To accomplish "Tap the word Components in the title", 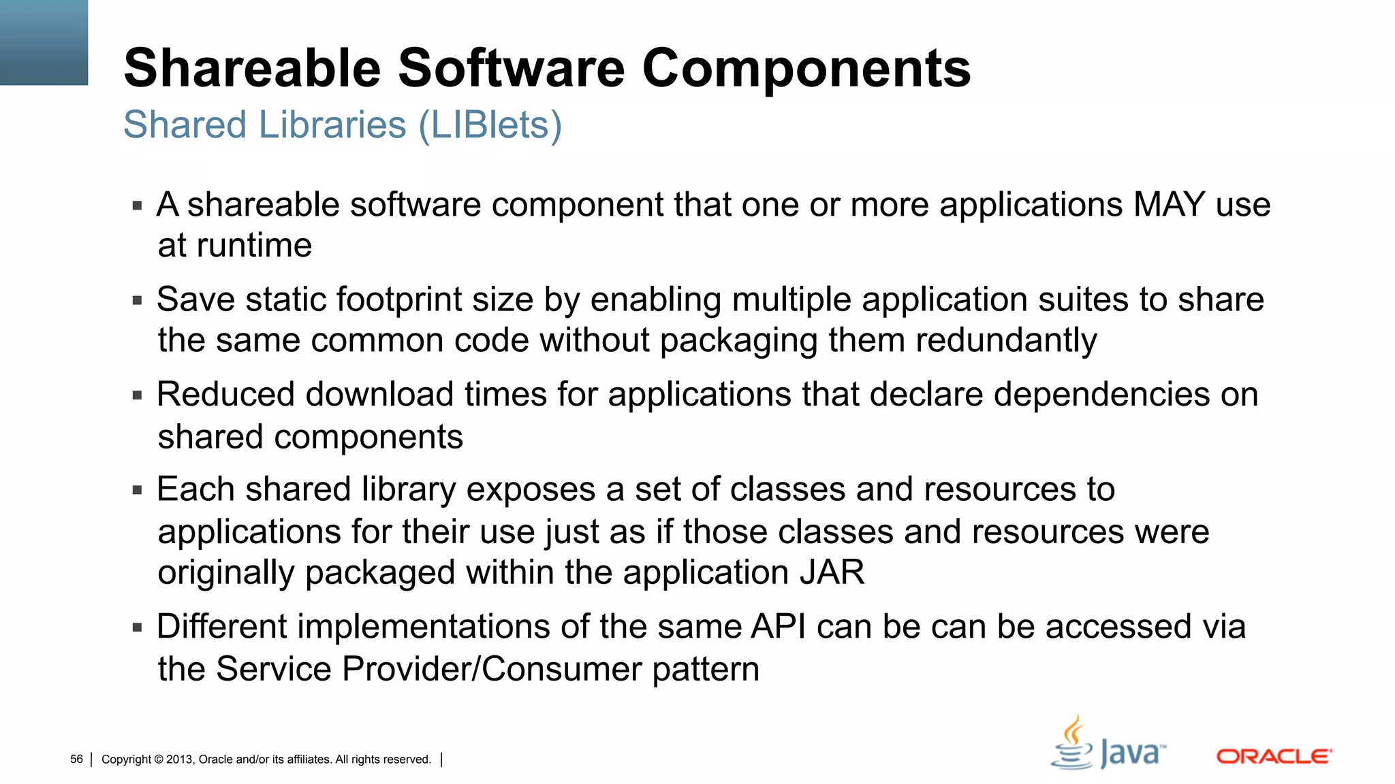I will click(806, 68).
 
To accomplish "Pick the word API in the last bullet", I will click(778, 626).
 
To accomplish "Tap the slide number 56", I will click(76, 759).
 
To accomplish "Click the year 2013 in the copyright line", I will click(180, 759).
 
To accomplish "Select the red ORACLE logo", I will click(1274, 757).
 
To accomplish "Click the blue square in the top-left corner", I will click(44, 42).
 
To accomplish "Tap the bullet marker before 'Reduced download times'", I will click(138, 395).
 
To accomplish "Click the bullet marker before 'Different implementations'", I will click(138, 627).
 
